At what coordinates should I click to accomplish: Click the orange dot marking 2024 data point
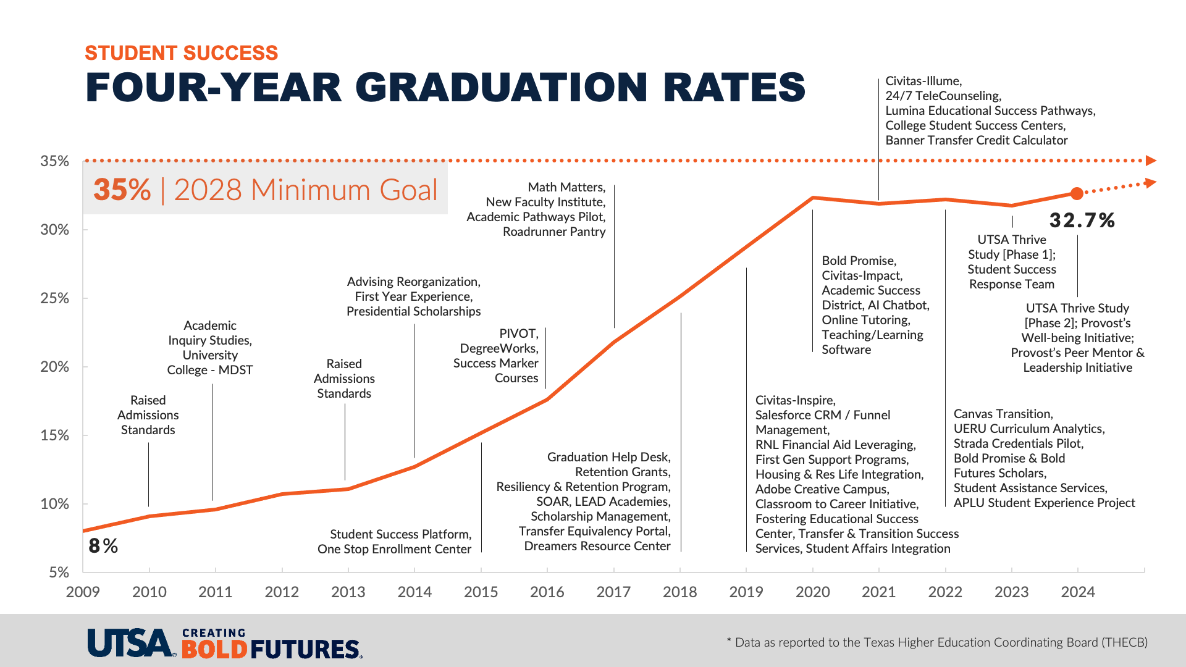pyautogui.click(x=1077, y=194)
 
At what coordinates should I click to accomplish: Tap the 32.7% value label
pyautogui.click(x=1082, y=220)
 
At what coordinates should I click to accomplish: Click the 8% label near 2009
pyautogui.click(x=103, y=546)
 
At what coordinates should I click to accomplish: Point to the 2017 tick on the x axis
pyautogui.click(x=613, y=592)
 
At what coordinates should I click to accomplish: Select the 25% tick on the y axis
pyautogui.click(x=55, y=298)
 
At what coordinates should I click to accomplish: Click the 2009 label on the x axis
pyautogui.click(x=83, y=592)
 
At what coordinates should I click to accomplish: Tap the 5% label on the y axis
pyautogui.click(x=59, y=573)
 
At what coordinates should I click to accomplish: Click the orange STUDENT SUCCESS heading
pyautogui.click(x=181, y=53)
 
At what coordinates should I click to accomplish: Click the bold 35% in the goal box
pyautogui.click(x=122, y=190)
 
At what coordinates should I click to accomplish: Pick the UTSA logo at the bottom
pyautogui.click(x=130, y=643)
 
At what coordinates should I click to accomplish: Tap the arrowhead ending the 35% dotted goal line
pyautogui.click(x=1151, y=161)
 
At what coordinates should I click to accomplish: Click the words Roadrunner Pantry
pyautogui.click(x=554, y=232)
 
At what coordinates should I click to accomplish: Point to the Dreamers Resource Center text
pyautogui.click(x=597, y=546)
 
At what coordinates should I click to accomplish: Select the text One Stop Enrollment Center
pyautogui.click(x=394, y=549)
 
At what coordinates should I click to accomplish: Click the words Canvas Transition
pyautogui.click(x=1003, y=414)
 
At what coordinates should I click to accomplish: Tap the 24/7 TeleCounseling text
pyautogui.click(x=943, y=96)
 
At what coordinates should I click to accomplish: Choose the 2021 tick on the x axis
pyautogui.click(x=879, y=592)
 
